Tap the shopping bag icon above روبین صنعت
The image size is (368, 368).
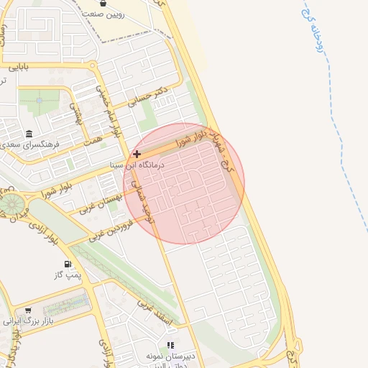(x=104, y=3)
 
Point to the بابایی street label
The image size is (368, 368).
(x=17, y=68)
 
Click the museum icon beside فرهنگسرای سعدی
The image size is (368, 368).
(x=29, y=134)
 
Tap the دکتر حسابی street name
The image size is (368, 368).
(x=152, y=96)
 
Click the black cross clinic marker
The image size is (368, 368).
(x=137, y=154)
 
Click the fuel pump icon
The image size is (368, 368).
(x=68, y=264)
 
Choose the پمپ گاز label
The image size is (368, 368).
(x=68, y=275)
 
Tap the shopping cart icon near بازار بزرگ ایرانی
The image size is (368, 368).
(x=28, y=310)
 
